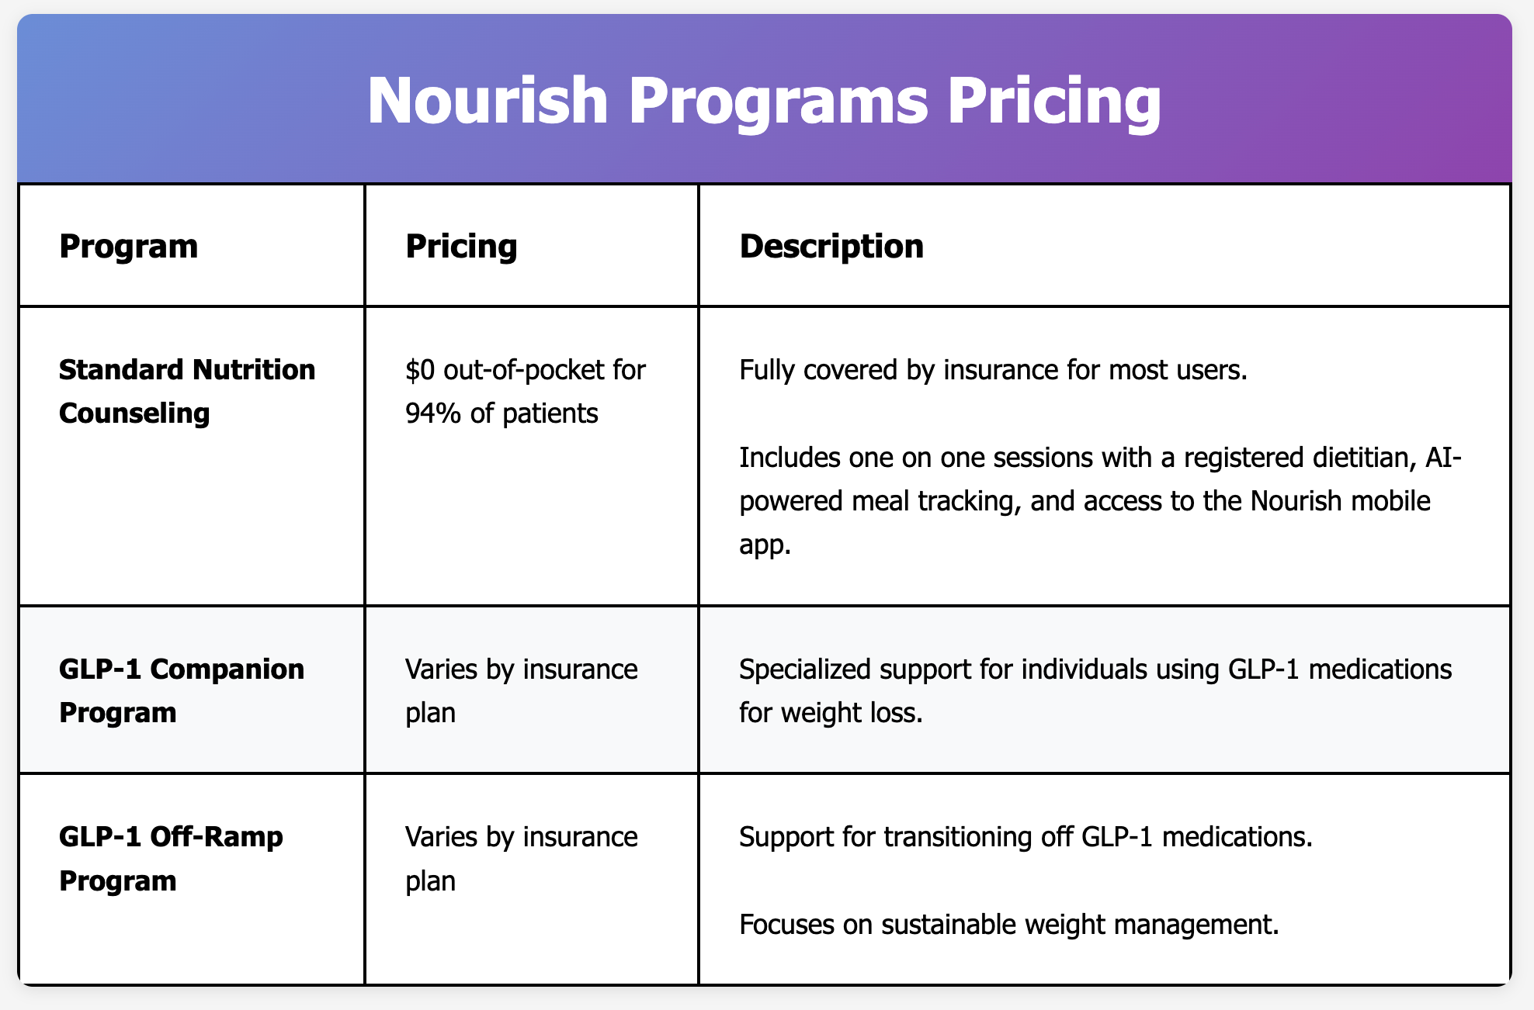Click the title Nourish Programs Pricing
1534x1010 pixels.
tap(764, 101)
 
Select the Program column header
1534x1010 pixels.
tap(128, 247)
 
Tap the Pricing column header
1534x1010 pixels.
tap(461, 247)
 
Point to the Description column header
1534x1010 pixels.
tap(831, 247)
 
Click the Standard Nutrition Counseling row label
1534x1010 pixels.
tap(187, 391)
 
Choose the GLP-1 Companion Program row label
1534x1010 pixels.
tap(182, 690)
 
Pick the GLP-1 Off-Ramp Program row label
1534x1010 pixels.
tap(171, 858)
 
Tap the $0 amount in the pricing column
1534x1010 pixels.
tap(420, 370)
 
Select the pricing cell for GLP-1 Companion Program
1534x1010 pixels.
tap(521, 690)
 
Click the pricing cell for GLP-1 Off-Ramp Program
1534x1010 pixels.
tap(521, 858)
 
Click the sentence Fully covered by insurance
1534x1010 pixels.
tap(992, 370)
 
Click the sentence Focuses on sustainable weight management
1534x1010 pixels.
tap(1008, 924)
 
